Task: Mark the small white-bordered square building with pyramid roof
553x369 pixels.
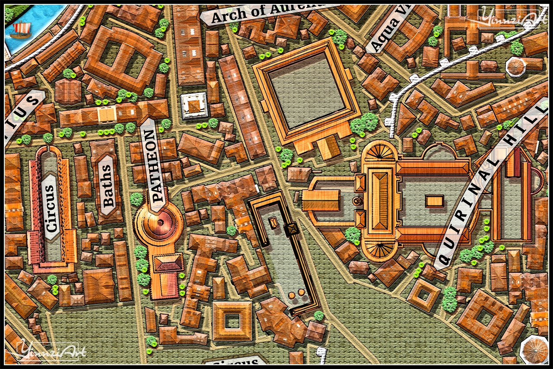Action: [x=194, y=106]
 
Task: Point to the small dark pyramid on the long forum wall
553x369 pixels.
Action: [x=292, y=228]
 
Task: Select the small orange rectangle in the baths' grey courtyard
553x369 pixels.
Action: [x=434, y=201]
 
